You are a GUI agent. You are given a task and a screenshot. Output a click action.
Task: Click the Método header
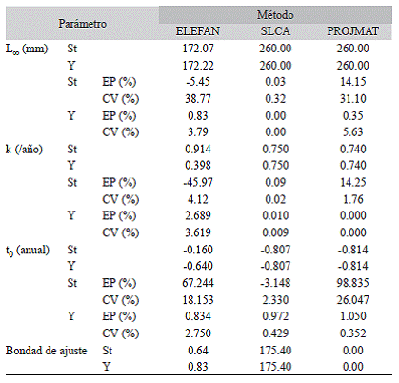tap(275, 15)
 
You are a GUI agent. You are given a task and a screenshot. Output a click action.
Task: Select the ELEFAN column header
tap(198, 31)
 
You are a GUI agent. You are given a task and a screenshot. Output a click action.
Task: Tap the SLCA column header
tap(275, 31)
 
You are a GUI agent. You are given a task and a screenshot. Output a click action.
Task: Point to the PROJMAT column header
tap(352, 31)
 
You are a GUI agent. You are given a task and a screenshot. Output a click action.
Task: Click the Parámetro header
tap(82, 24)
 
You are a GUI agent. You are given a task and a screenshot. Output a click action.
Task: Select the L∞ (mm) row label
tap(27, 49)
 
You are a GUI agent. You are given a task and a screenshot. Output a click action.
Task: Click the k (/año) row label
tap(24, 149)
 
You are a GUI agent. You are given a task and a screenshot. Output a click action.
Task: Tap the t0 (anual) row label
tap(28, 251)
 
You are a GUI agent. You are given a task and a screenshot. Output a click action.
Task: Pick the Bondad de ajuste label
tap(47, 351)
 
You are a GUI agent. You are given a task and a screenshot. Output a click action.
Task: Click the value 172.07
tap(198, 49)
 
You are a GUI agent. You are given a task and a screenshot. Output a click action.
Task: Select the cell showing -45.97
tap(198, 182)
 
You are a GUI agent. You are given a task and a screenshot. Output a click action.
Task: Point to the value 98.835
tap(352, 283)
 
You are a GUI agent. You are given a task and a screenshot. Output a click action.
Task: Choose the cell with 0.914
tap(198, 149)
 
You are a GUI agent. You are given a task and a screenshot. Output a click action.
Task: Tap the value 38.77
tap(198, 99)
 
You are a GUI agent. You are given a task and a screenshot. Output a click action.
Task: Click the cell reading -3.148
tap(275, 283)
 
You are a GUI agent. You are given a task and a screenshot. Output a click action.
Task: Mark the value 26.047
tap(352, 300)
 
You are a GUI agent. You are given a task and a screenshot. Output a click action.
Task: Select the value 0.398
tap(198, 165)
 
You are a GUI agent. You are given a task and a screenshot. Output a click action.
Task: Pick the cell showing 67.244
tap(198, 283)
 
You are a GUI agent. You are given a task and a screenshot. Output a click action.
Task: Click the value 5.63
tap(352, 131)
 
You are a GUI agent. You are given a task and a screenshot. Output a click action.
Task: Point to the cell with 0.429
tap(275, 333)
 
